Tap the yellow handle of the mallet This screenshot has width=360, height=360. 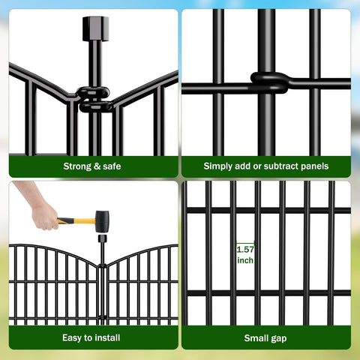[76, 221]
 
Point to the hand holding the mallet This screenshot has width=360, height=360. [42, 212]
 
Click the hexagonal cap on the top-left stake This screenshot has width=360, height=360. [96, 28]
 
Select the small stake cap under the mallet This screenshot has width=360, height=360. [102, 238]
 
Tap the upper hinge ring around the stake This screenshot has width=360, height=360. [93, 93]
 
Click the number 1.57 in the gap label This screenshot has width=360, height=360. [245, 249]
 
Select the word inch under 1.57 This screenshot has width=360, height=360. [245, 260]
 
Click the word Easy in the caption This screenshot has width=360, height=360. [72, 338]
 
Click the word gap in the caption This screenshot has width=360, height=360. [277, 339]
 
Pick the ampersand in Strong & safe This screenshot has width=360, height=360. [97, 166]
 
